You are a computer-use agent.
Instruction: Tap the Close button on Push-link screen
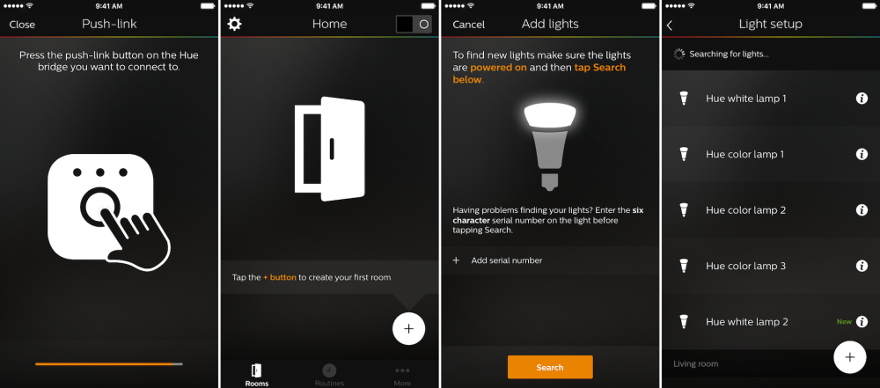click(22, 25)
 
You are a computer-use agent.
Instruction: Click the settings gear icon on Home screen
click(234, 24)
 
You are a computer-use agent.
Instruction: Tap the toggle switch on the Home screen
click(413, 24)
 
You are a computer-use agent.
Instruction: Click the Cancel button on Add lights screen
click(468, 25)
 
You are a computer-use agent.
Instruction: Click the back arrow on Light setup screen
click(670, 25)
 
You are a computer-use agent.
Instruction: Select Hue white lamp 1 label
click(746, 99)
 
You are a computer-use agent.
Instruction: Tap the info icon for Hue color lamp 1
click(862, 154)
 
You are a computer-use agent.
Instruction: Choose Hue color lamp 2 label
click(745, 210)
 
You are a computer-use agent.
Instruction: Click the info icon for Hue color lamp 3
click(862, 266)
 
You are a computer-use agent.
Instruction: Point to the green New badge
click(844, 322)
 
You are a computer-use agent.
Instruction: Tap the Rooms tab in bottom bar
click(257, 375)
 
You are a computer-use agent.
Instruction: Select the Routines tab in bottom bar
click(329, 375)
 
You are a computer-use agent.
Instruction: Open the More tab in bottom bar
click(402, 375)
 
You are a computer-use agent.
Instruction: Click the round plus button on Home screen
click(408, 328)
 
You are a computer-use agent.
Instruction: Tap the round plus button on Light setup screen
click(849, 357)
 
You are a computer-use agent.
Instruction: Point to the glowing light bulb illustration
click(549, 141)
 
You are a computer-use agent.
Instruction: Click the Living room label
click(696, 364)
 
